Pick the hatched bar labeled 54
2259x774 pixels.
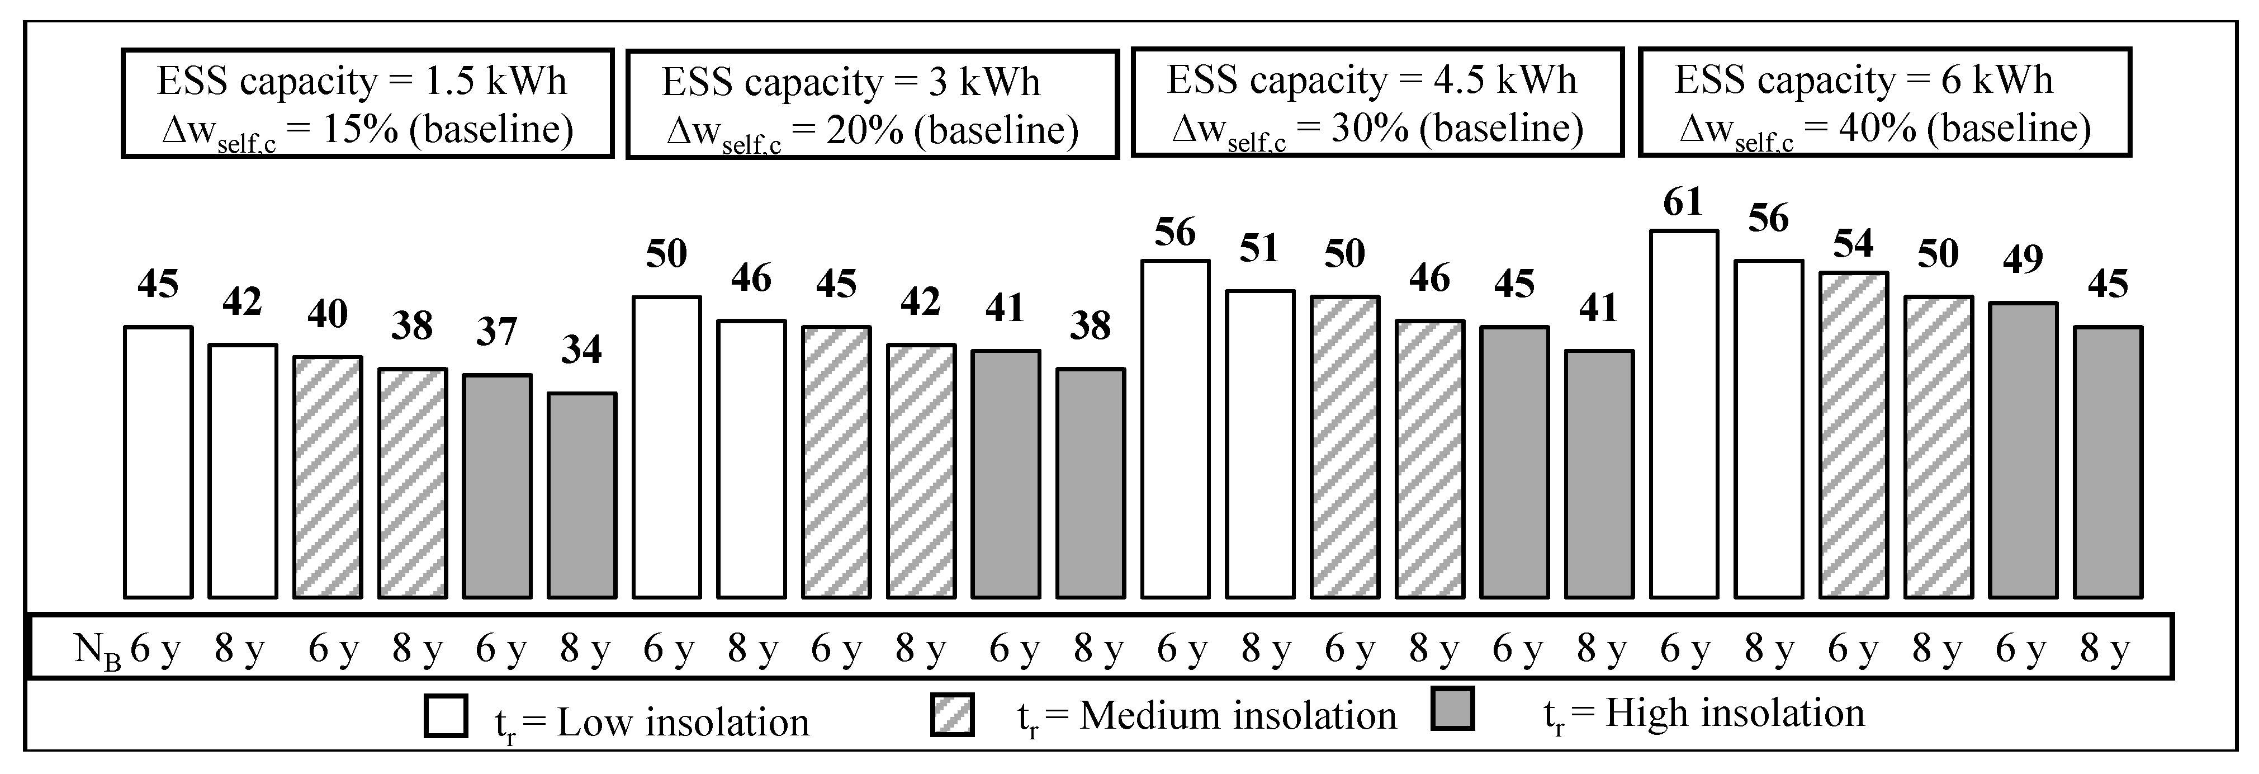click(x=1853, y=435)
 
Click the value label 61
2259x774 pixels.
click(x=1683, y=202)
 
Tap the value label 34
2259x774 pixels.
click(x=581, y=350)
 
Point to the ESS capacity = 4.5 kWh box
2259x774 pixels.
click(x=1377, y=103)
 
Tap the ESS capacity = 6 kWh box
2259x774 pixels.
click(x=1884, y=103)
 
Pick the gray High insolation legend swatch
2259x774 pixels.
click(x=1452, y=709)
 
